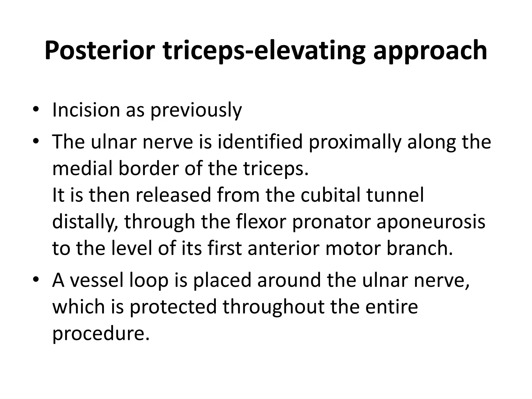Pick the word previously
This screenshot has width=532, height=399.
click(196, 110)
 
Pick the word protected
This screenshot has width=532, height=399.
click(173, 307)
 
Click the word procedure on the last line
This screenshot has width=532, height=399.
click(101, 334)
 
